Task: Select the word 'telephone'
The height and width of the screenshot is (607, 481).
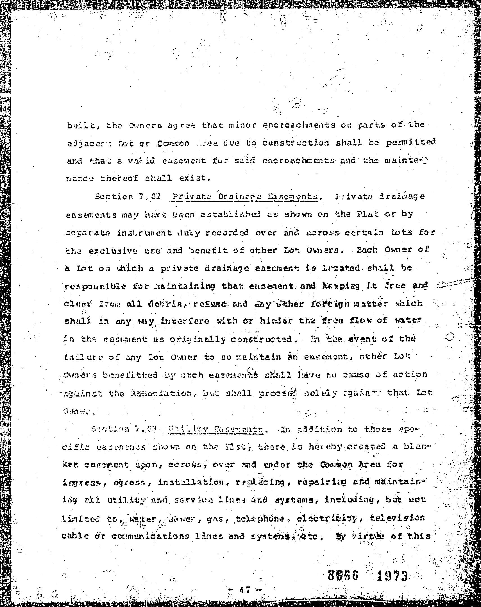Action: point(260,518)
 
